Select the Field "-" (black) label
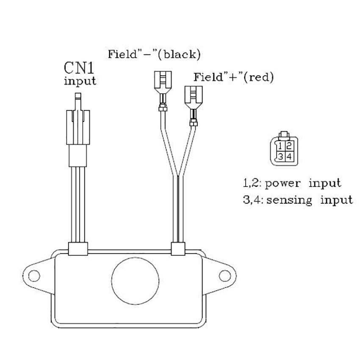click(x=154, y=55)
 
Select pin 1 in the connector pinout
click(x=280, y=147)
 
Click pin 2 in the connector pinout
click(x=289, y=147)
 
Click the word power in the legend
click(x=280, y=184)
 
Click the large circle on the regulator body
click(x=136, y=280)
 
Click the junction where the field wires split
click(x=178, y=176)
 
